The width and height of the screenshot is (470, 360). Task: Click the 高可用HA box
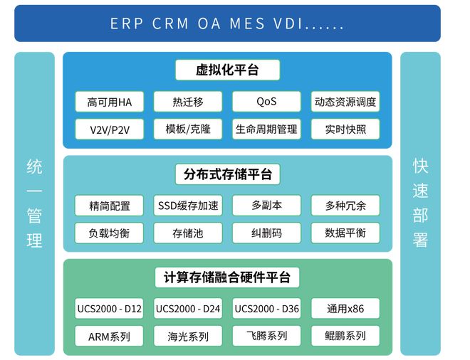pos(109,102)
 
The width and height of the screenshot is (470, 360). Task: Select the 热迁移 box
pos(188,102)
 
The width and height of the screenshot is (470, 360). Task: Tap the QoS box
pos(266,102)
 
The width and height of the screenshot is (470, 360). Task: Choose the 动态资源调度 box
pos(345,102)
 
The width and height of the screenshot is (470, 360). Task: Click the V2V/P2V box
pos(109,129)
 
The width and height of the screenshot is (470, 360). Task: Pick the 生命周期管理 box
pos(266,129)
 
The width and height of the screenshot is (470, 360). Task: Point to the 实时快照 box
pos(345,129)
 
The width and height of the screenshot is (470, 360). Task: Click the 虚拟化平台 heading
pos(227,70)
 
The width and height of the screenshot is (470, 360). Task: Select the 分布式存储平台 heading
pos(227,174)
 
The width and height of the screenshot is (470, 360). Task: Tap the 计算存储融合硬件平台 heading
pos(227,277)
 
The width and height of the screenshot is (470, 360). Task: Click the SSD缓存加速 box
pos(188,206)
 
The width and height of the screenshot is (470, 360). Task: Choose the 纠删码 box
pos(266,233)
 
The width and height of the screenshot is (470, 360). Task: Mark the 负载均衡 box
pos(109,233)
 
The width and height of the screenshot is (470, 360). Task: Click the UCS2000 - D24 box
pos(188,309)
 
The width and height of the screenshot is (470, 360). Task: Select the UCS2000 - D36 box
pos(266,309)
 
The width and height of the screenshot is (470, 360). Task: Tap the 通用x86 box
pos(345,309)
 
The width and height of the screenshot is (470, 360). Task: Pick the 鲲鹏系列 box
pos(345,336)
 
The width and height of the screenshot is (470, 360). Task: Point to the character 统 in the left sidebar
pos(34,167)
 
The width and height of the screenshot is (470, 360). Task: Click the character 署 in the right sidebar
pos(420,240)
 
